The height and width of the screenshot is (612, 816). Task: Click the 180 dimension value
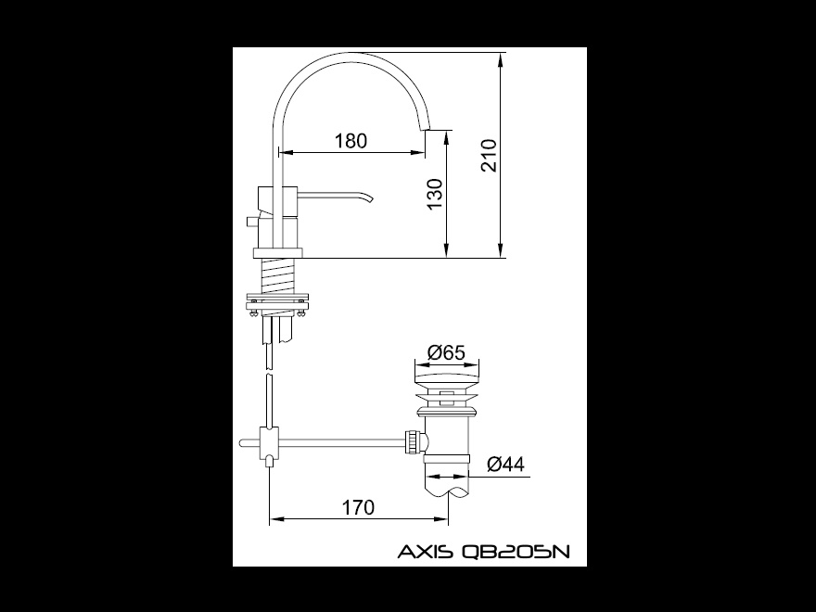tap(351, 141)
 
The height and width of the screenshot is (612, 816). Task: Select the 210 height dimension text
tap(489, 155)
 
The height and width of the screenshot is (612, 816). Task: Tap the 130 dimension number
tap(434, 195)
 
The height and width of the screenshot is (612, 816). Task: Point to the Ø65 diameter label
tap(445, 352)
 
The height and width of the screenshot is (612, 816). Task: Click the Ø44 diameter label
tap(506, 464)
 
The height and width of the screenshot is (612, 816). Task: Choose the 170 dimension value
tap(358, 506)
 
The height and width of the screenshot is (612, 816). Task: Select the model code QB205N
tap(516, 551)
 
